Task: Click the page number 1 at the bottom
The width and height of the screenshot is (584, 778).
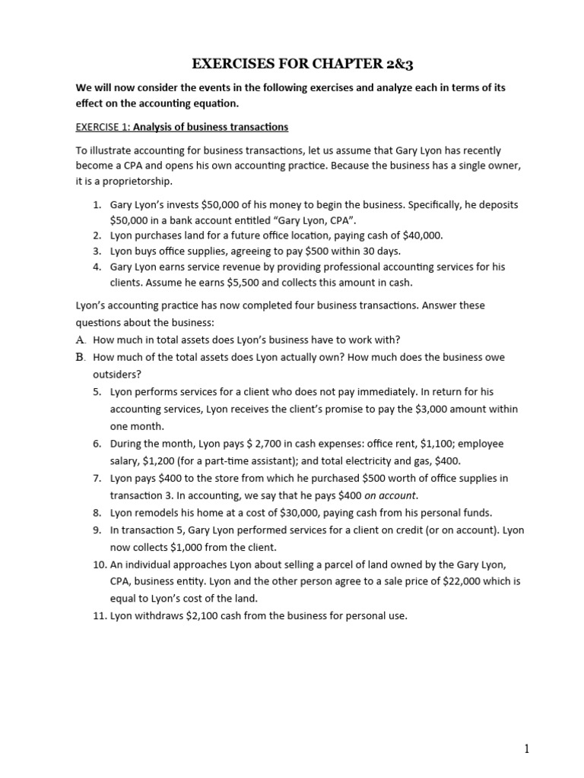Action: coord(526,749)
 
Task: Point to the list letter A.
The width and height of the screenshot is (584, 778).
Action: coord(80,340)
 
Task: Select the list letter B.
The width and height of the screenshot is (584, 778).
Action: coord(80,357)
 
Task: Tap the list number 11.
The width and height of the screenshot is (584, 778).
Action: coord(97,616)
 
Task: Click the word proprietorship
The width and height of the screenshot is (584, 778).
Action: coord(131,182)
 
